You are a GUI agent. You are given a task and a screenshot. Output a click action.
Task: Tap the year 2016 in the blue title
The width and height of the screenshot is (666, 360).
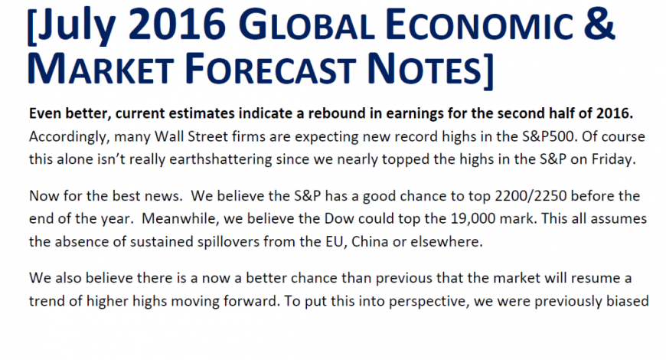point(177,24)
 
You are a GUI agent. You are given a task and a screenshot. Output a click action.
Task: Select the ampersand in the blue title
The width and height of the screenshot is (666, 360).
point(599,24)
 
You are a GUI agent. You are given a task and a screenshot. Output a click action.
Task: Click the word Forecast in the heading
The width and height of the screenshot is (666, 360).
point(270,67)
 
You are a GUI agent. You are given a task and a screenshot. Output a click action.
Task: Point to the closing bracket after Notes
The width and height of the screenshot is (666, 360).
point(488,71)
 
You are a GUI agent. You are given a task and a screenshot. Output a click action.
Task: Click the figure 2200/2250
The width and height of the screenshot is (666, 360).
point(531,196)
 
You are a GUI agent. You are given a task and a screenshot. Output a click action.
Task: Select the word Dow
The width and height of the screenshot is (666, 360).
point(339,218)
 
